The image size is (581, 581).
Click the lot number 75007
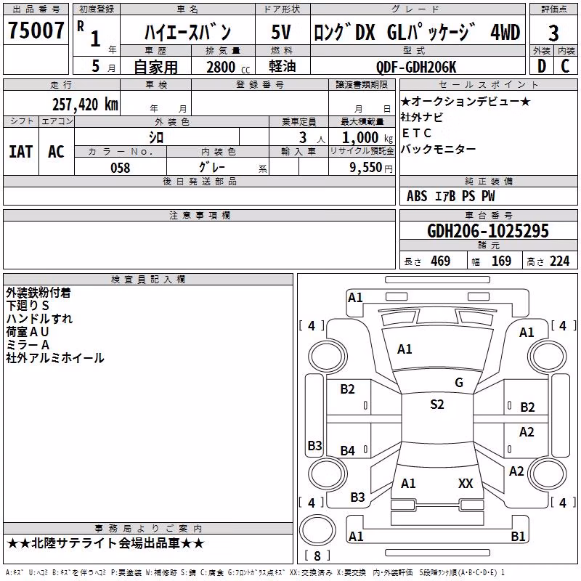pos(36,31)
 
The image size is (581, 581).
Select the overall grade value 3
pos(553,33)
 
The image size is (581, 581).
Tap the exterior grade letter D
pos(542,66)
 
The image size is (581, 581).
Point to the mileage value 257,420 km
pos(85,104)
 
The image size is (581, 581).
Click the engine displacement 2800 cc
pos(228,67)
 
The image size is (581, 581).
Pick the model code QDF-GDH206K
pos(416,67)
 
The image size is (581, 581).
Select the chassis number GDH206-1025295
pos(487,231)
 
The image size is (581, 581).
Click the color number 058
pos(120,168)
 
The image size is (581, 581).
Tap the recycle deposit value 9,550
pos(366,168)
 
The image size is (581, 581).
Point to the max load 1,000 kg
pos(367,138)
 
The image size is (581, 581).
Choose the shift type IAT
pos(21,152)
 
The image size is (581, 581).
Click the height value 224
pos(559,261)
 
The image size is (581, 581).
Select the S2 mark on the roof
pos(437,405)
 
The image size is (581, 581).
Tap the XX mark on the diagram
pos(466,484)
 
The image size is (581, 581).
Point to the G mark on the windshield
pos(459,383)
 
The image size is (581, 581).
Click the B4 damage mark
pos(348,450)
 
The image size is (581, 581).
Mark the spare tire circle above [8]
pos(317,530)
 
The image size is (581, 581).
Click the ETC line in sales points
pos(417,133)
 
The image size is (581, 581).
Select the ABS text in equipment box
pos(417,196)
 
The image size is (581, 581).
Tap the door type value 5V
pos(281,32)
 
